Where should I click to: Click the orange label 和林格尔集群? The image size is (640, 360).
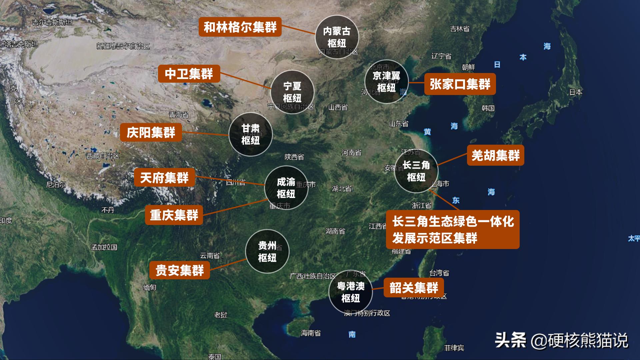click(x=240, y=27)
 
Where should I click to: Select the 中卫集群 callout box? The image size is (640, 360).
click(x=189, y=74)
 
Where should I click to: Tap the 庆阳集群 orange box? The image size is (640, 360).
click(x=151, y=133)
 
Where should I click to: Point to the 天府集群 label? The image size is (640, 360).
click(x=164, y=177)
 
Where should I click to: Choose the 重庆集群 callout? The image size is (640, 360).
click(x=174, y=215)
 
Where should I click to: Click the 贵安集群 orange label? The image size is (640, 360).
click(x=180, y=270)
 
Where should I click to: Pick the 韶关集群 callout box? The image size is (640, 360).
click(x=414, y=287)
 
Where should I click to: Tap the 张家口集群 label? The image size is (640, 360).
click(x=460, y=84)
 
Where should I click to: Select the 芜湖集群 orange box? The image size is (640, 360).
click(x=496, y=155)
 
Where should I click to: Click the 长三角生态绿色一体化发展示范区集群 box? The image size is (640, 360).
click(x=453, y=229)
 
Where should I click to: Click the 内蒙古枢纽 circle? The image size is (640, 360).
click(x=337, y=37)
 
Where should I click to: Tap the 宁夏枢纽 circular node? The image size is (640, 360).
click(x=292, y=92)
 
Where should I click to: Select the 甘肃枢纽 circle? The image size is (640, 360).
click(x=251, y=134)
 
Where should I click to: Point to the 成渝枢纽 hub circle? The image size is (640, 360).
click(x=286, y=188)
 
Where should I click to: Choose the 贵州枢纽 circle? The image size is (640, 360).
click(x=267, y=252)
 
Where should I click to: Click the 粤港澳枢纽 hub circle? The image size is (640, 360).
click(x=350, y=292)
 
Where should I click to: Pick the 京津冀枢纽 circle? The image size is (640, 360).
click(x=386, y=82)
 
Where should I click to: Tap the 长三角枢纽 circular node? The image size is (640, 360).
click(x=416, y=171)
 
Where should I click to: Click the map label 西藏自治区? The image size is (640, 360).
click(x=103, y=156)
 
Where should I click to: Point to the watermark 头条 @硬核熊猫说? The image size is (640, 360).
click(x=561, y=341)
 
